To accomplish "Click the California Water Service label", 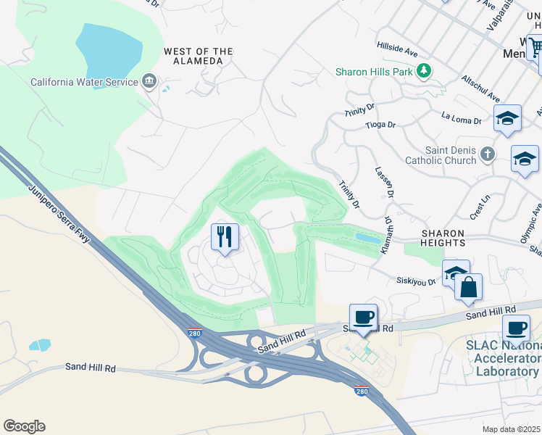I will point(84,82).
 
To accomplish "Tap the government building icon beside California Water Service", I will point(149,80).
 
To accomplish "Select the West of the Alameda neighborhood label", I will point(199,56).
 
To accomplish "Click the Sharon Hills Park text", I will point(373,71).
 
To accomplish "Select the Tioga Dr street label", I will point(380,125).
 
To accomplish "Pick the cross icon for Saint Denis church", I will point(487,153).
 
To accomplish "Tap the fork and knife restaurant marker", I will point(225,236).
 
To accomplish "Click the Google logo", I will point(24,426).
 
